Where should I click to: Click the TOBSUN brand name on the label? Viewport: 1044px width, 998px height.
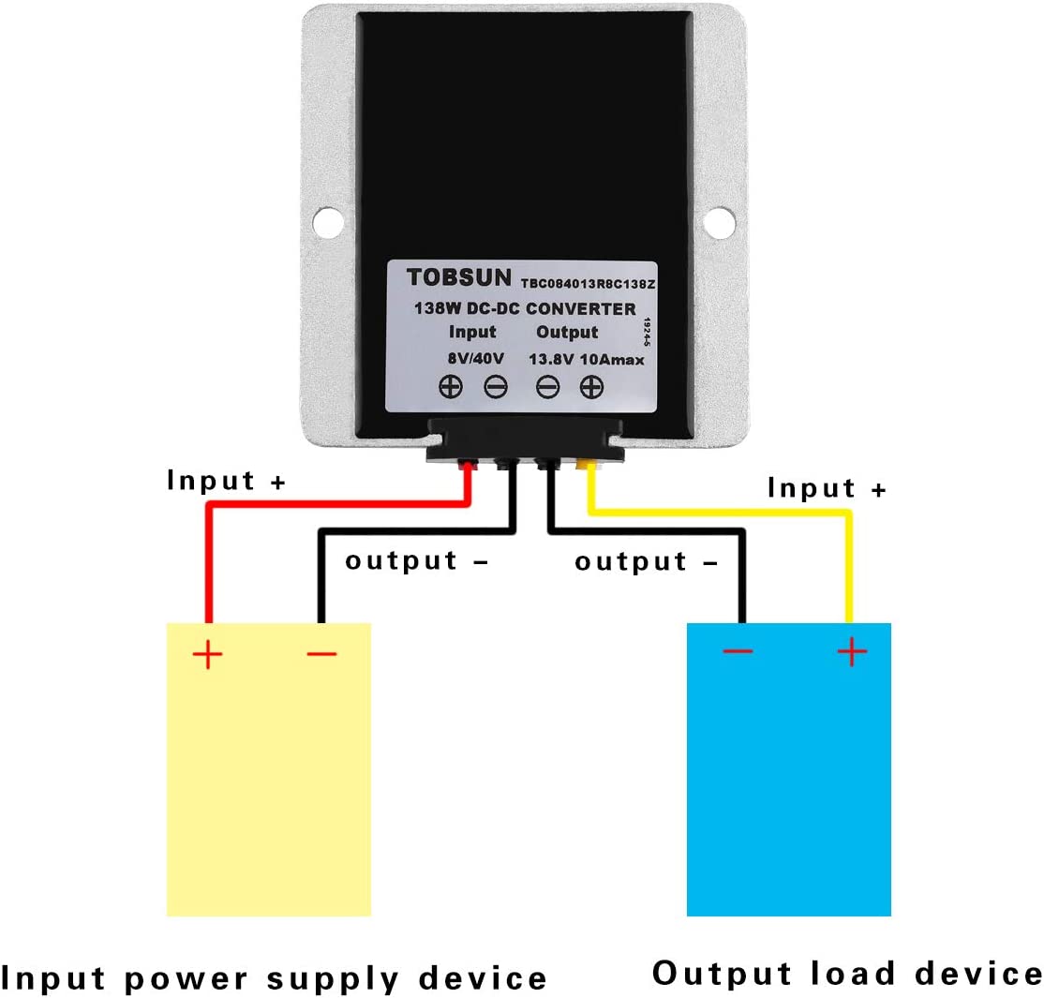[458, 277]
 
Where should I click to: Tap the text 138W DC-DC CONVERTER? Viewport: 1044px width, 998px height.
[525, 308]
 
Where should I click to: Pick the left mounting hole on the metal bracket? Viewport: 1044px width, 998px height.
[326, 220]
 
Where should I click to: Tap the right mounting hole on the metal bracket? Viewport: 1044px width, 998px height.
[720, 220]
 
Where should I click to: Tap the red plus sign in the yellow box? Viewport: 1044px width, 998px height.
[208, 654]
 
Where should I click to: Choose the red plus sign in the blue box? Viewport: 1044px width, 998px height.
[851, 651]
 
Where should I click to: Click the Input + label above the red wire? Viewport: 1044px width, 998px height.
[226, 481]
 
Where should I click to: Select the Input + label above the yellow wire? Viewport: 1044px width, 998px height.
[826, 487]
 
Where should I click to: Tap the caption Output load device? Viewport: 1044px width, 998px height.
[846, 973]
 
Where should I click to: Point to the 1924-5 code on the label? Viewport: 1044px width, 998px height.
[648, 333]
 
